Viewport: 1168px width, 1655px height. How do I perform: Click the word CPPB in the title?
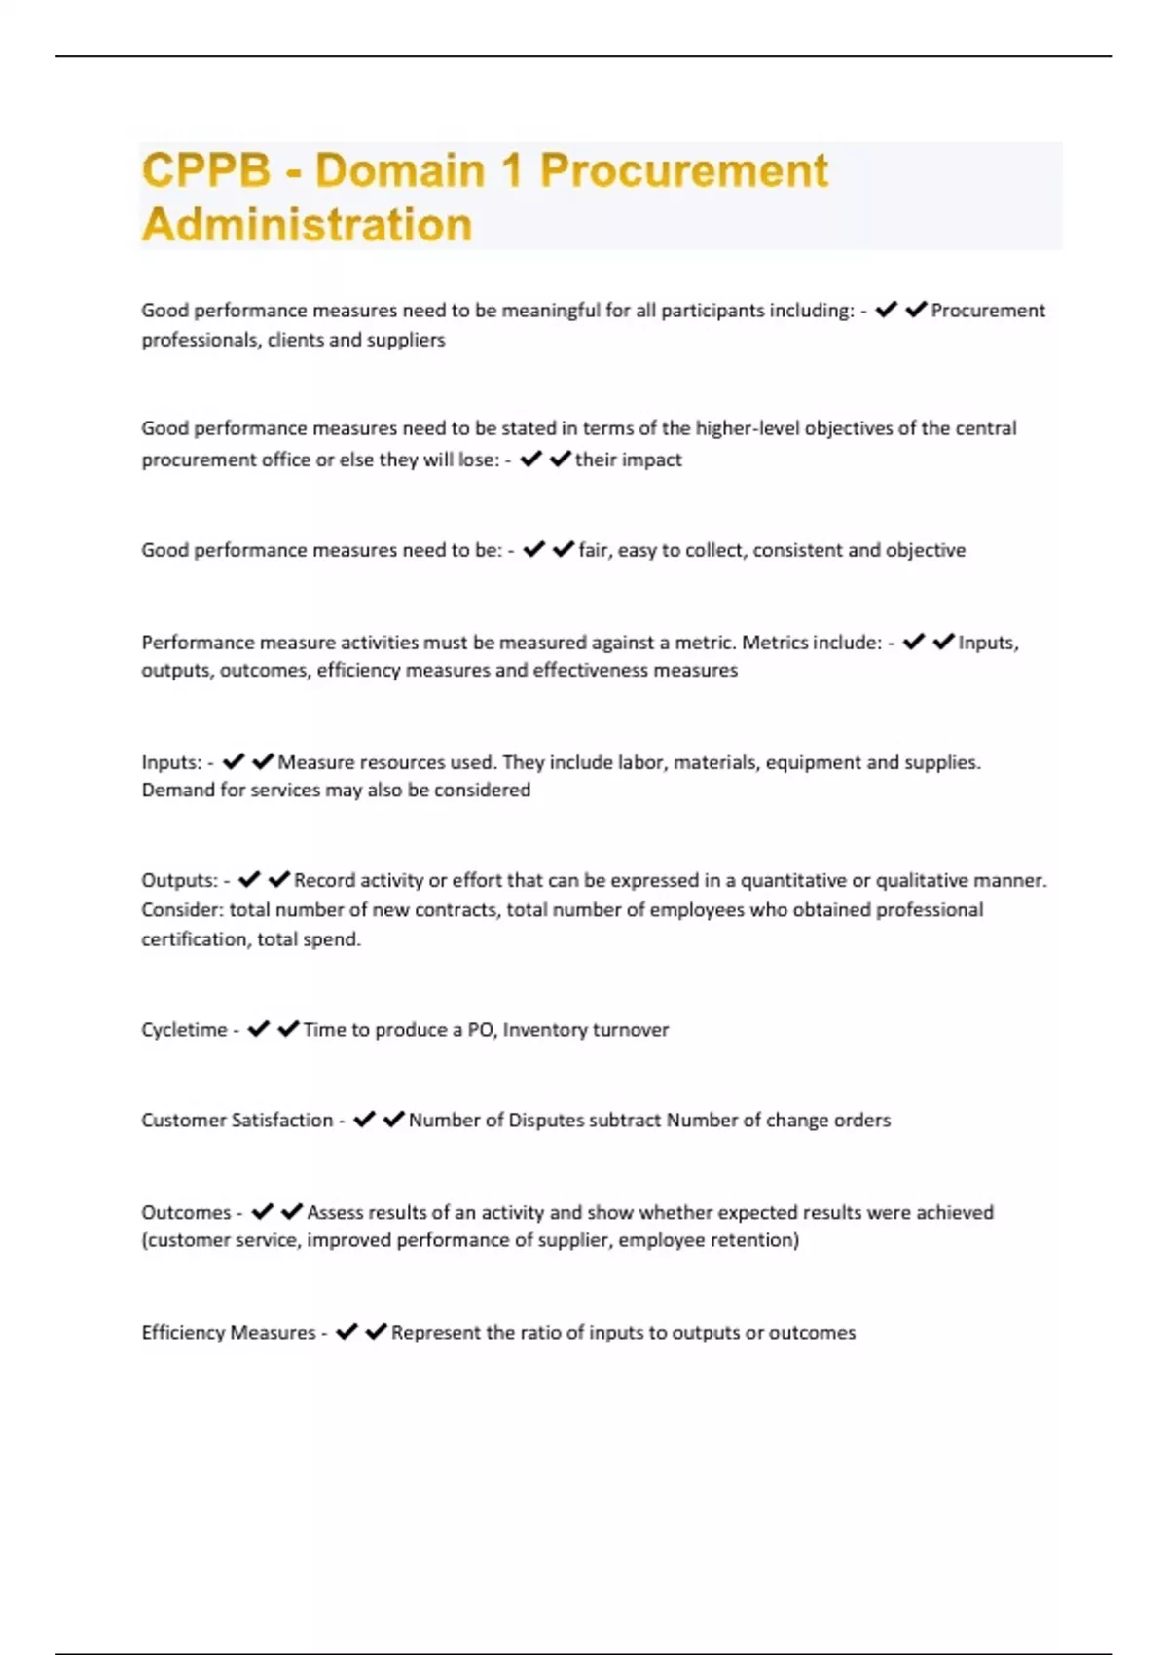pos(206,170)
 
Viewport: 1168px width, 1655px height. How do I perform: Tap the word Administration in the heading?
pos(307,225)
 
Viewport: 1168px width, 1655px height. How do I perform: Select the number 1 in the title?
pos(512,170)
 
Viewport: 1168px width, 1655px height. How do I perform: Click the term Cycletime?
pos(184,1030)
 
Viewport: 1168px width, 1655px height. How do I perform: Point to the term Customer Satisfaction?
pos(237,1121)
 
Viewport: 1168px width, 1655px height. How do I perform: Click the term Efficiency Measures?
pos(229,1333)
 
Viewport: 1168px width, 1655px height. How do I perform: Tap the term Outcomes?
pos(186,1213)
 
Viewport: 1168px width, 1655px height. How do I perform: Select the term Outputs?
pos(179,881)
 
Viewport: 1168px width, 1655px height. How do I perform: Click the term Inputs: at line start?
pos(171,762)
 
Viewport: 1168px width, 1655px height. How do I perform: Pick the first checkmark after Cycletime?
pos(258,1029)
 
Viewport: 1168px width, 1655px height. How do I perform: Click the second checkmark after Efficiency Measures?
pos(377,1332)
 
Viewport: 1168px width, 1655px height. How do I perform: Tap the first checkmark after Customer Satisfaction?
pos(364,1120)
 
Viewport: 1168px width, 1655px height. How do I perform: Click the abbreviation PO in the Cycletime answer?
pos(481,1030)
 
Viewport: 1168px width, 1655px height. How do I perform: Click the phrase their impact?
pos(628,460)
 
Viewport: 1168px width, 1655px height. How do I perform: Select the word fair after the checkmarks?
pos(595,551)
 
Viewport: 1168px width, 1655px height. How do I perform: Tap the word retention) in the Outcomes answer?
pos(755,1240)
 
